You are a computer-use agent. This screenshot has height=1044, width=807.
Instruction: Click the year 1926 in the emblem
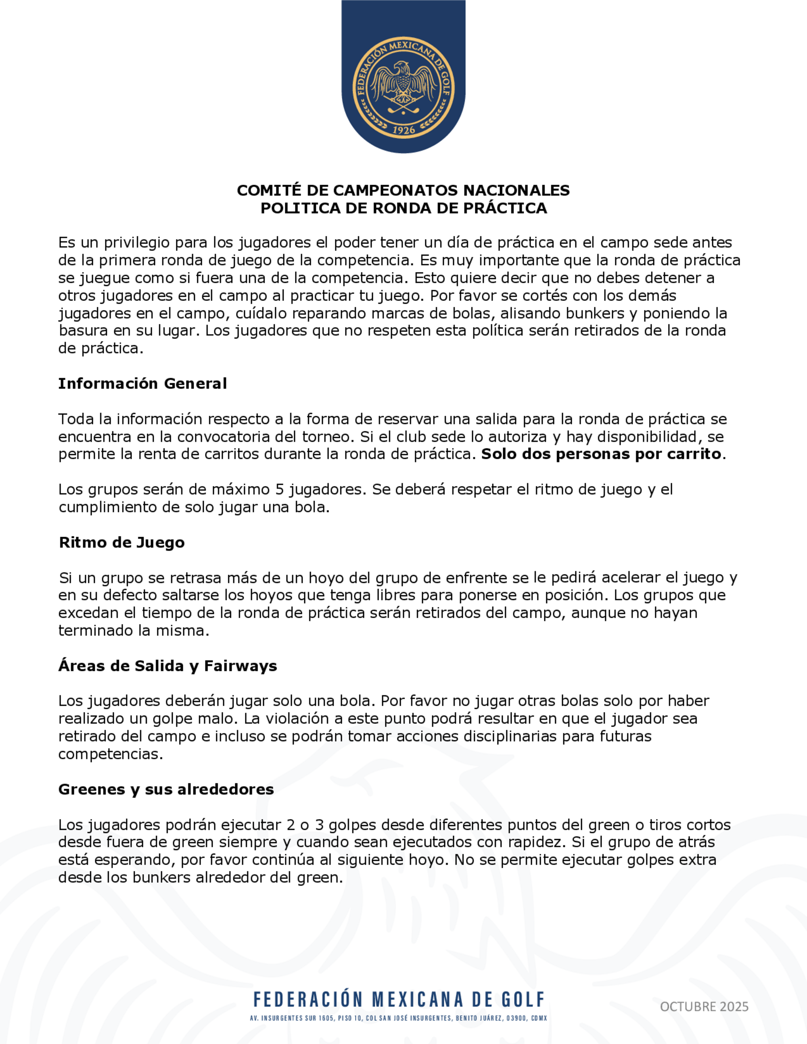[x=403, y=130]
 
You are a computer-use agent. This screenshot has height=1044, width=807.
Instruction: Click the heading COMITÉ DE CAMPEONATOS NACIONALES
[x=403, y=190]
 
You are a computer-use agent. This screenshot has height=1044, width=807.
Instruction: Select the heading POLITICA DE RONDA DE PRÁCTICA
[x=403, y=208]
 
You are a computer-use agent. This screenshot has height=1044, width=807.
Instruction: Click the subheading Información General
[x=142, y=383]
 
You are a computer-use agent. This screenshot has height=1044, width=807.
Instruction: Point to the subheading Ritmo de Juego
[x=121, y=542]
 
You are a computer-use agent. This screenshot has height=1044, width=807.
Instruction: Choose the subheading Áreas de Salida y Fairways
[x=167, y=666]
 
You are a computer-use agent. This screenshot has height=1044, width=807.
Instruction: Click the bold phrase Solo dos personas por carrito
[x=601, y=454]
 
